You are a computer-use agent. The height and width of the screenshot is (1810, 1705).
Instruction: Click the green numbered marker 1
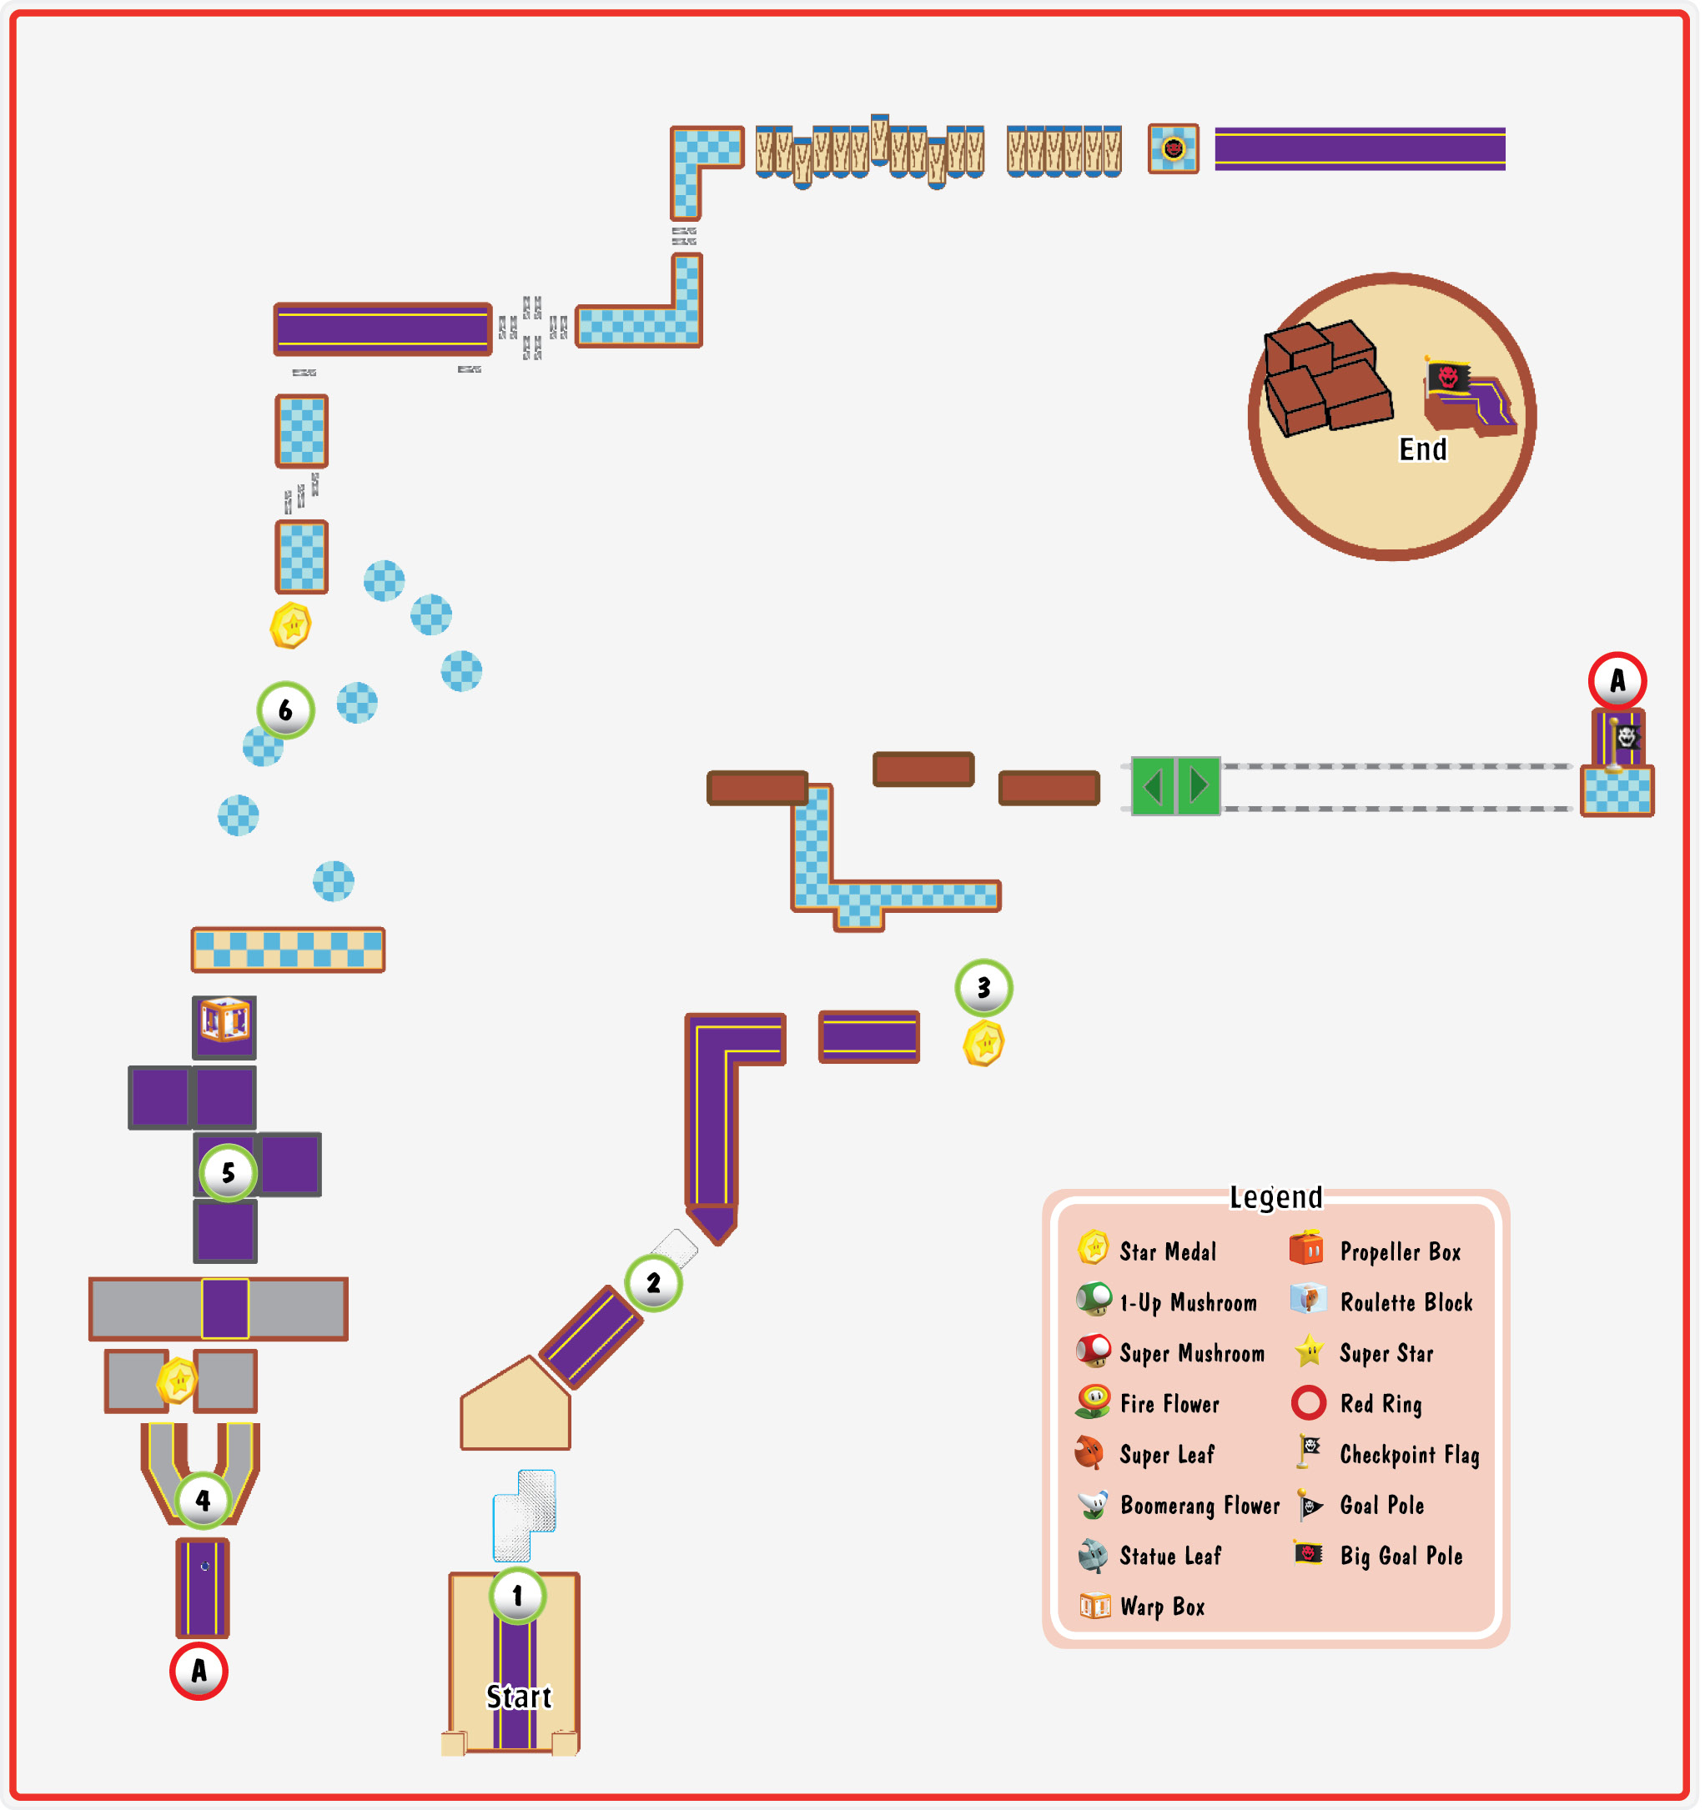coord(518,1596)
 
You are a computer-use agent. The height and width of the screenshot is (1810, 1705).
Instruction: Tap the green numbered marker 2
coord(654,1283)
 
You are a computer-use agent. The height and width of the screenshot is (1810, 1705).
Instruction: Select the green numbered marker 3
coord(984,988)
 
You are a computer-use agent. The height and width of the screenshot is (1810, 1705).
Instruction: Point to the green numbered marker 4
coord(203,1501)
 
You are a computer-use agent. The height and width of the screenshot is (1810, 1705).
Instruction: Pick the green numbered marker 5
coord(229,1173)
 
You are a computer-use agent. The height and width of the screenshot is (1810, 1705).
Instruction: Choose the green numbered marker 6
coord(286,710)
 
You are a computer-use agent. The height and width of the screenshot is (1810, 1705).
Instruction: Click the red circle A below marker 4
coord(199,1671)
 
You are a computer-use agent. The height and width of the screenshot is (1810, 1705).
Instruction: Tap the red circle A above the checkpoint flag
coord(1617,681)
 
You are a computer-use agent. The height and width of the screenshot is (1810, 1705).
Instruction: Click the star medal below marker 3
coord(984,1043)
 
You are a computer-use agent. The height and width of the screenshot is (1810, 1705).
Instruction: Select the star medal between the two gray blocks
coord(179,1381)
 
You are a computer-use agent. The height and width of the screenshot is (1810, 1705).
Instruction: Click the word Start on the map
coord(519,1697)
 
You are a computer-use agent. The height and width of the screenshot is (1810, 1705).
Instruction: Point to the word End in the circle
coord(1424,449)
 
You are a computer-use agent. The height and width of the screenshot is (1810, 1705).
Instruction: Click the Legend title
coord(1276,1197)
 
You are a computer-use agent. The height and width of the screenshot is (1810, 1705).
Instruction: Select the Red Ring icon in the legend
coord(1309,1403)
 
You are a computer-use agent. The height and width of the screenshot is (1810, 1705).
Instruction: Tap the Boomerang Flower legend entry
coord(1179,1506)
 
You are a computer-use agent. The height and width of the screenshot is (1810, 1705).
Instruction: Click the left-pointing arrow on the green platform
coord(1153,787)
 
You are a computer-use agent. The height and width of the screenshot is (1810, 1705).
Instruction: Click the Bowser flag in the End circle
coord(1448,375)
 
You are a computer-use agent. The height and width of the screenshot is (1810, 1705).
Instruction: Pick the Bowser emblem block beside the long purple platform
coord(1174,148)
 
